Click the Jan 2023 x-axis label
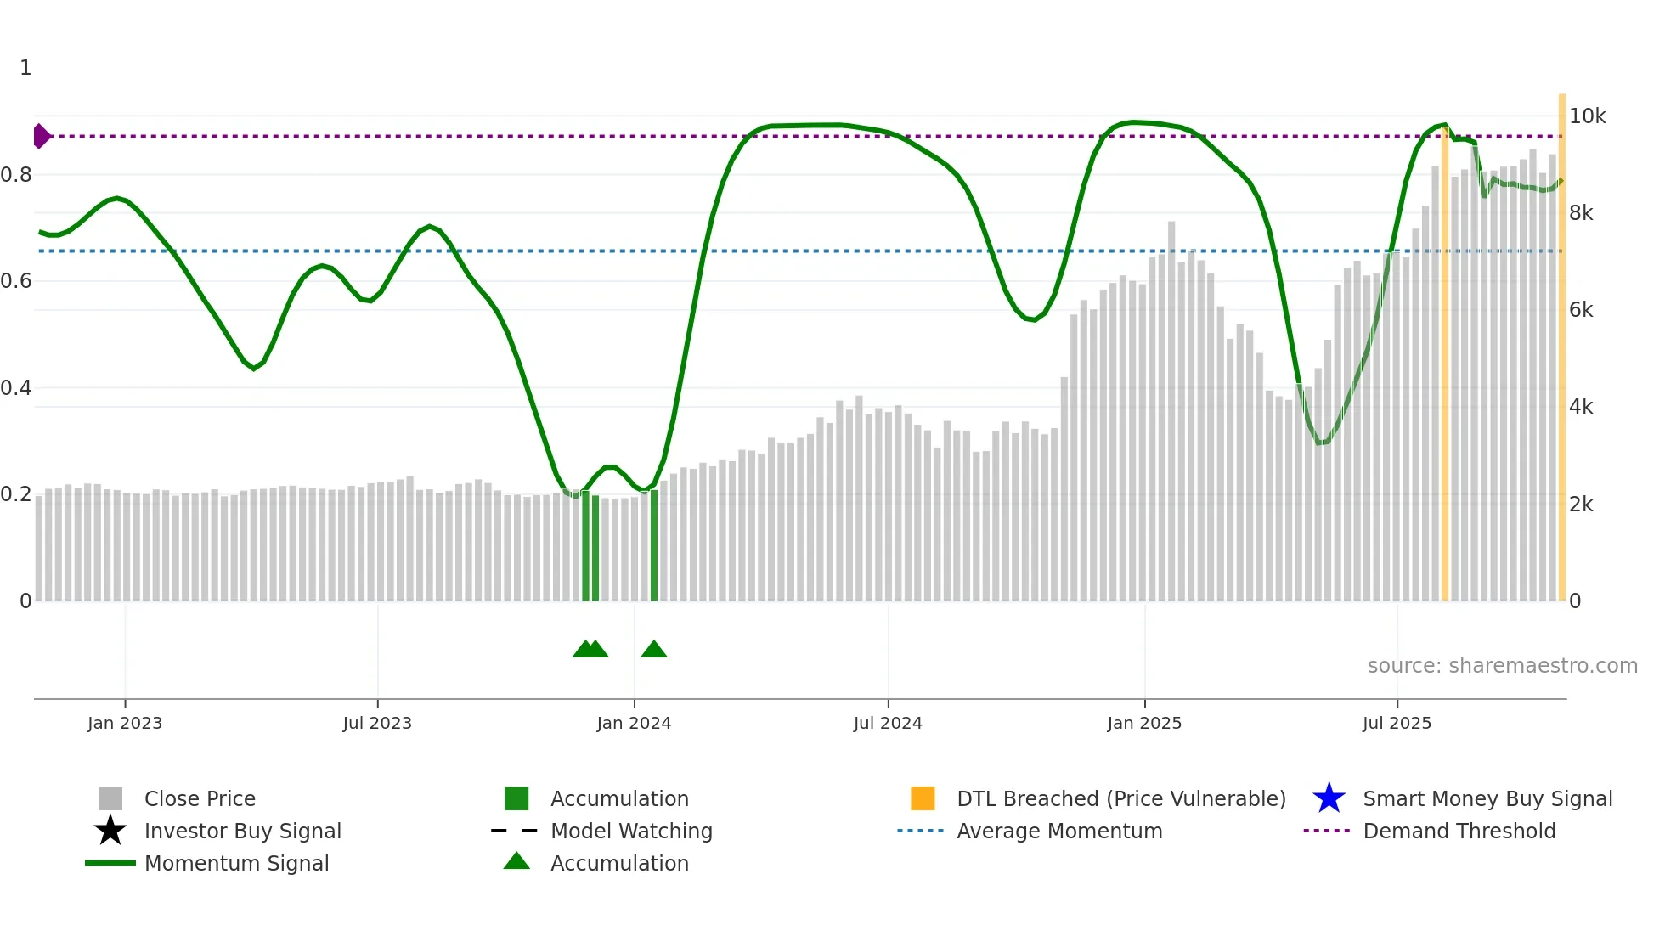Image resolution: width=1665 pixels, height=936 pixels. [x=125, y=723]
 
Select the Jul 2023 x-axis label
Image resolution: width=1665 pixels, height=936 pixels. [x=377, y=723]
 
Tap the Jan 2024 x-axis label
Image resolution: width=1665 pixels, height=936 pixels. [x=634, y=723]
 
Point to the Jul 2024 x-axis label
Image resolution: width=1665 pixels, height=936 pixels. [x=888, y=723]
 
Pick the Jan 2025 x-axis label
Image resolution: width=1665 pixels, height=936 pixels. [x=1144, y=723]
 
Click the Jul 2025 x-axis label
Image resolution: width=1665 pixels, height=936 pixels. [x=1397, y=723]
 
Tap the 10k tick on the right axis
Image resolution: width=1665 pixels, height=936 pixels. [x=1587, y=116]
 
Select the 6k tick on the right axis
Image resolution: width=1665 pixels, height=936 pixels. [x=1581, y=310]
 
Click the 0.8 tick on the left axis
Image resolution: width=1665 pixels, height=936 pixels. [x=16, y=175]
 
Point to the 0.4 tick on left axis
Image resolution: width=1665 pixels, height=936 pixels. [x=16, y=388]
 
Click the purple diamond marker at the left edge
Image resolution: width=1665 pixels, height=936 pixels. [x=41, y=136]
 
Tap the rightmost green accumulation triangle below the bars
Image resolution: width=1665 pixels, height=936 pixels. [x=653, y=650]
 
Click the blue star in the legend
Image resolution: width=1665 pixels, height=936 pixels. [x=1329, y=798]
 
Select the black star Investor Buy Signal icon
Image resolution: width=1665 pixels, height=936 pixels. [x=110, y=831]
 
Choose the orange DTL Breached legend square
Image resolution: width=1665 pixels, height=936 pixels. [x=923, y=798]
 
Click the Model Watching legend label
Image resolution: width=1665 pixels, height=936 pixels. [x=631, y=831]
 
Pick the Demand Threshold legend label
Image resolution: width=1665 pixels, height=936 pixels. [x=1459, y=831]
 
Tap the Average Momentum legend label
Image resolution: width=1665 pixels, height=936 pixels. [x=1059, y=831]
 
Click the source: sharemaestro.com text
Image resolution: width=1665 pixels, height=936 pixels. [x=1502, y=666]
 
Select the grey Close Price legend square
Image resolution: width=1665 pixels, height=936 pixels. [x=110, y=798]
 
